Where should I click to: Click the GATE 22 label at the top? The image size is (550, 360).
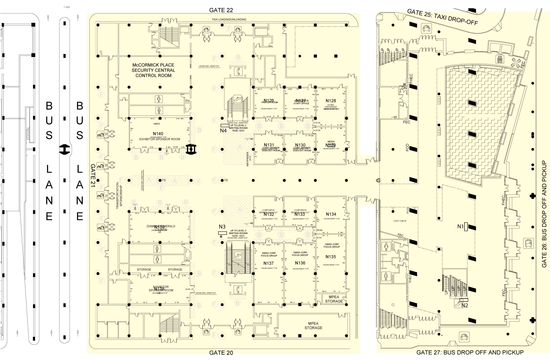pyautogui.click(x=221, y=10)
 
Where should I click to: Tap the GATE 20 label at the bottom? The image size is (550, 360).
pyautogui.click(x=221, y=353)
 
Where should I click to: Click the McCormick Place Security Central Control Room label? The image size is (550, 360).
pyautogui.click(x=153, y=70)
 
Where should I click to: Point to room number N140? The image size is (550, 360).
pyautogui.click(x=158, y=134)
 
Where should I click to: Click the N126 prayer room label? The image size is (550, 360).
pyautogui.click(x=269, y=101)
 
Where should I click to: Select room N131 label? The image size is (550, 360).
pyautogui.click(x=269, y=145)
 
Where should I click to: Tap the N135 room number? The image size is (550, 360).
pyautogui.click(x=331, y=257)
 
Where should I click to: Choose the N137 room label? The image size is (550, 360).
pyautogui.click(x=269, y=263)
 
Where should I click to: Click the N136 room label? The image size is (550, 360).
pyautogui.click(x=300, y=263)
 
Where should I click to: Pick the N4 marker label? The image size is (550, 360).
pyautogui.click(x=223, y=130)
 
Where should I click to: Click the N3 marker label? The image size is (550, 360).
pyautogui.click(x=222, y=227)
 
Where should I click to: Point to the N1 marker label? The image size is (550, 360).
pyautogui.click(x=460, y=226)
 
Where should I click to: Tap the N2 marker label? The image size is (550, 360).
pyautogui.click(x=465, y=306)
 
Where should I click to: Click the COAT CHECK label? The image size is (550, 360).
pyautogui.click(x=399, y=221)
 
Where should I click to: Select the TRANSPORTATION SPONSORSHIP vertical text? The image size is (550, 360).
pyautogui.click(x=119, y=195)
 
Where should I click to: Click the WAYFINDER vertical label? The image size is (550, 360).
pyautogui.click(x=248, y=159)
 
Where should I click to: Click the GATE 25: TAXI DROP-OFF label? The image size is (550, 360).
pyautogui.click(x=442, y=17)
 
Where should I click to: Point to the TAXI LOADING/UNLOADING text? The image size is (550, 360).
pyautogui.click(x=229, y=19)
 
